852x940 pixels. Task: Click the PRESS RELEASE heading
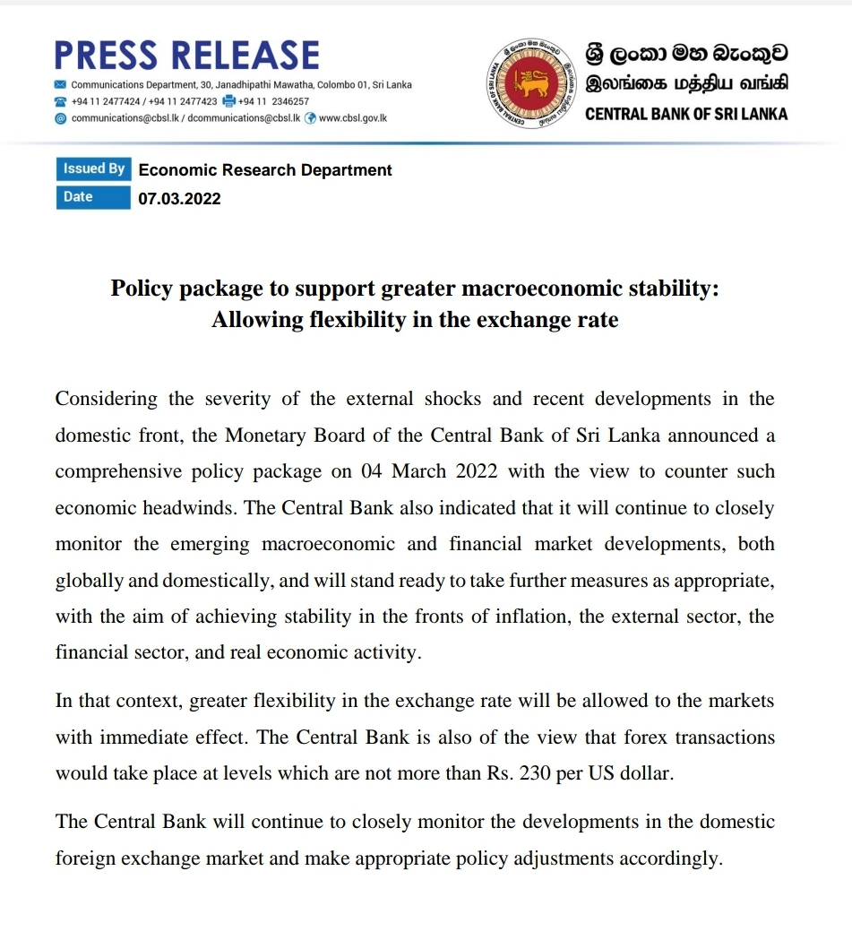(x=186, y=56)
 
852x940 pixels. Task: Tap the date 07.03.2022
(x=179, y=199)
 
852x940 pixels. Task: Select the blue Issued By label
(x=93, y=169)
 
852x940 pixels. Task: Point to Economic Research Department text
(x=265, y=170)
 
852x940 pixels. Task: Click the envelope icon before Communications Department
(x=60, y=85)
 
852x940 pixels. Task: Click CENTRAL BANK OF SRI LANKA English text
(x=685, y=115)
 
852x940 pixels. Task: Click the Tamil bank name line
(x=685, y=86)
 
